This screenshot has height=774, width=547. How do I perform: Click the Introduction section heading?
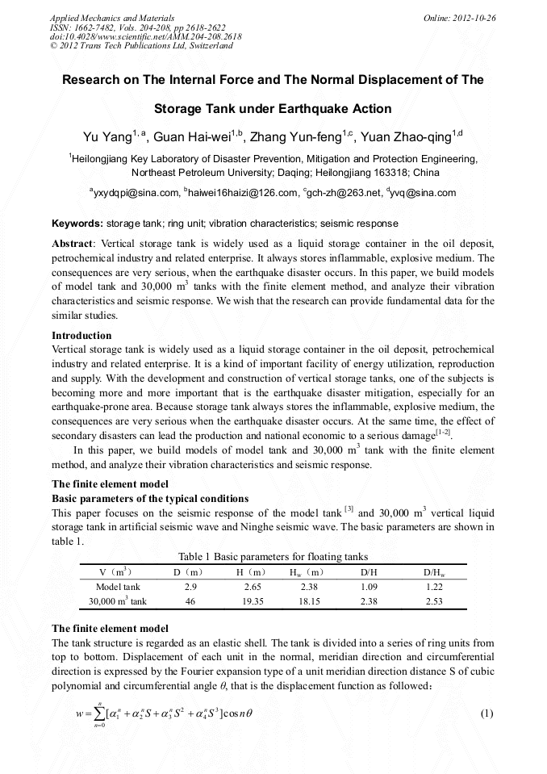(81, 336)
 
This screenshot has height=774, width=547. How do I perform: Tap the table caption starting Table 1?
(273, 557)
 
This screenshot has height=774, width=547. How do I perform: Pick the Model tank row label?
(118, 587)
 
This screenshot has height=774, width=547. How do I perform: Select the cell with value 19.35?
(245, 601)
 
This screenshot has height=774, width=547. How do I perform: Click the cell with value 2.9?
(191, 587)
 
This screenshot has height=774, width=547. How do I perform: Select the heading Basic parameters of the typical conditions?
(150, 498)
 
